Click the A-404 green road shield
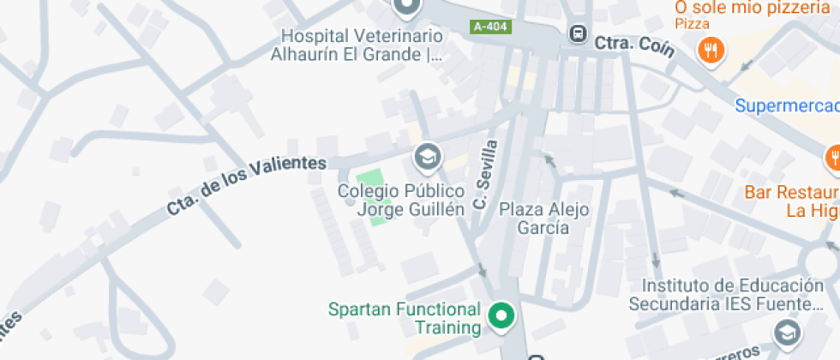[490, 27]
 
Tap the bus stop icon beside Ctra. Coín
[578, 34]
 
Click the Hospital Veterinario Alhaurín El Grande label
[362, 45]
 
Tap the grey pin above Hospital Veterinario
[407, 8]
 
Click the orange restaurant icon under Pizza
[711, 50]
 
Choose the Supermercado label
[787, 105]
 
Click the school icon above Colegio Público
[425, 157]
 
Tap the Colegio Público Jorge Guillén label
[400, 200]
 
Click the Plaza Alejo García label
[544, 218]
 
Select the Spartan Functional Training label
[405, 318]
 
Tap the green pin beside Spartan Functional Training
[500, 316]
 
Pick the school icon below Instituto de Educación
[786, 332]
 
